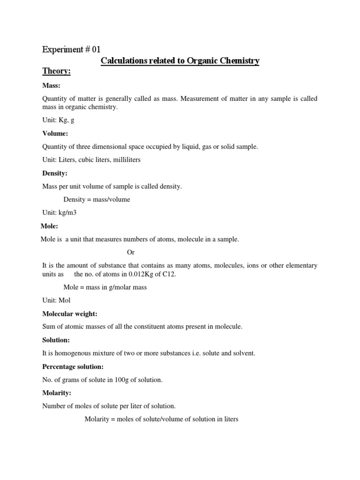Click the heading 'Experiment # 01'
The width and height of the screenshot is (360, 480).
coord(71,49)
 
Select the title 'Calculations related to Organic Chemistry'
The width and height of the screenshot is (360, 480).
coord(180,61)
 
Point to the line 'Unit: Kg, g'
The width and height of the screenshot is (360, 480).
coord(58,120)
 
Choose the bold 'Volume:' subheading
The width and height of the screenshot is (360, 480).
coord(55,134)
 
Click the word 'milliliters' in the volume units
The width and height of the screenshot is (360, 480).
coord(125,160)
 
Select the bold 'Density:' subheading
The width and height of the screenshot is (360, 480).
coord(55,173)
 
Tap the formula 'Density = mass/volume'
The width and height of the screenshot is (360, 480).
coord(97,200)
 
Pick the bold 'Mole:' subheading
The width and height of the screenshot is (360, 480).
coord(49,226)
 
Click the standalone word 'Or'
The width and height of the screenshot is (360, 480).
coord(131,252)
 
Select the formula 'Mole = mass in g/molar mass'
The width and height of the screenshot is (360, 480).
coord(105,287)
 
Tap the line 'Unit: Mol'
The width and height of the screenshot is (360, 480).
coord(56,300)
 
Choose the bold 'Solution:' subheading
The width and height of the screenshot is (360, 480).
coord(56,340)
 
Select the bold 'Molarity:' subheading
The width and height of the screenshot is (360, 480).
coord(57,393)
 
